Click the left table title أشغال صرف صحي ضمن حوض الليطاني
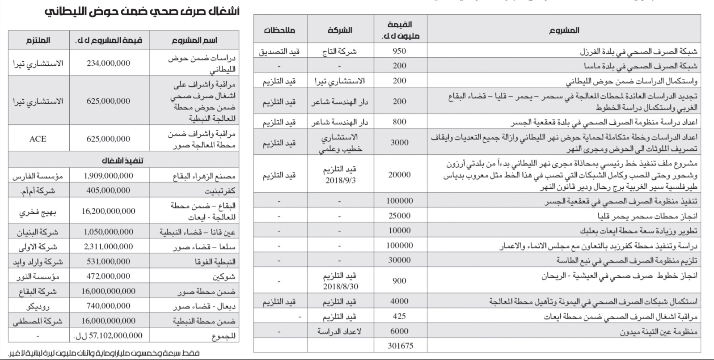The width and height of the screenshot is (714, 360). pyautogui.click(x=142, y=11)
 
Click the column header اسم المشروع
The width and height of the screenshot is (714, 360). pyautogui.click(x=194, y=40)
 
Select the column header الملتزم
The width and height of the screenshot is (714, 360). pyautogui.click(x=38, y=40)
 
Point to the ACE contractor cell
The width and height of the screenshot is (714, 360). pyautogui.click(x=38, y=139)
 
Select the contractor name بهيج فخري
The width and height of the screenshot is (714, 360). pyautogui.click(x=38, y=212)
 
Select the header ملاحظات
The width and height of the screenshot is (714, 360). pyautogui.click(x=279, y=31)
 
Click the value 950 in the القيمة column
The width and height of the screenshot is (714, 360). pyautogui.click(x=399, y=51)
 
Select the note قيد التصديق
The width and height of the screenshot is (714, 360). pyautogui.click(x=279, y=51)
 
